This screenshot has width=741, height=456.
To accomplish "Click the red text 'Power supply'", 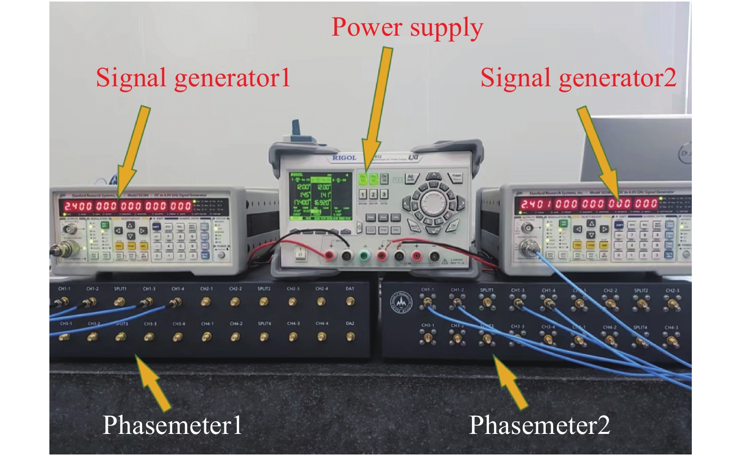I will [407, 27].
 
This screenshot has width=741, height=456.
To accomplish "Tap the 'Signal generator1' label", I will [193, 78].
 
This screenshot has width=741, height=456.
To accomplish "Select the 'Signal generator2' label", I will [578, 78].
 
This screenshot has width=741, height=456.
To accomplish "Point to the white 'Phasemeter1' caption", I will [172, 425].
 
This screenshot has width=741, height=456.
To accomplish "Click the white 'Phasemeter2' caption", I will [539, 425].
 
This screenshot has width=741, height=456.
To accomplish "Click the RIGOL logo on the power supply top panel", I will [344, 158].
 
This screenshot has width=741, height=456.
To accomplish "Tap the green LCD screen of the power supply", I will [311, 196].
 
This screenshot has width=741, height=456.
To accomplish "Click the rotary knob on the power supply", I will [431, 203].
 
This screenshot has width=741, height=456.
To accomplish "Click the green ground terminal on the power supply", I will [364, 256].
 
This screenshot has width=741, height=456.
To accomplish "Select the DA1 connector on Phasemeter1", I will [350, 301].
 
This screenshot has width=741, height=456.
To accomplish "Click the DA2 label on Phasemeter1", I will [350, 324].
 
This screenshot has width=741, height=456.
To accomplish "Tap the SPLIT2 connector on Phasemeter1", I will [264, 301].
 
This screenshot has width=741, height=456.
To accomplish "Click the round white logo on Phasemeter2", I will [401, 302].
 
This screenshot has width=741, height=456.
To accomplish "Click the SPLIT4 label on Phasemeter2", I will [640, 328].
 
